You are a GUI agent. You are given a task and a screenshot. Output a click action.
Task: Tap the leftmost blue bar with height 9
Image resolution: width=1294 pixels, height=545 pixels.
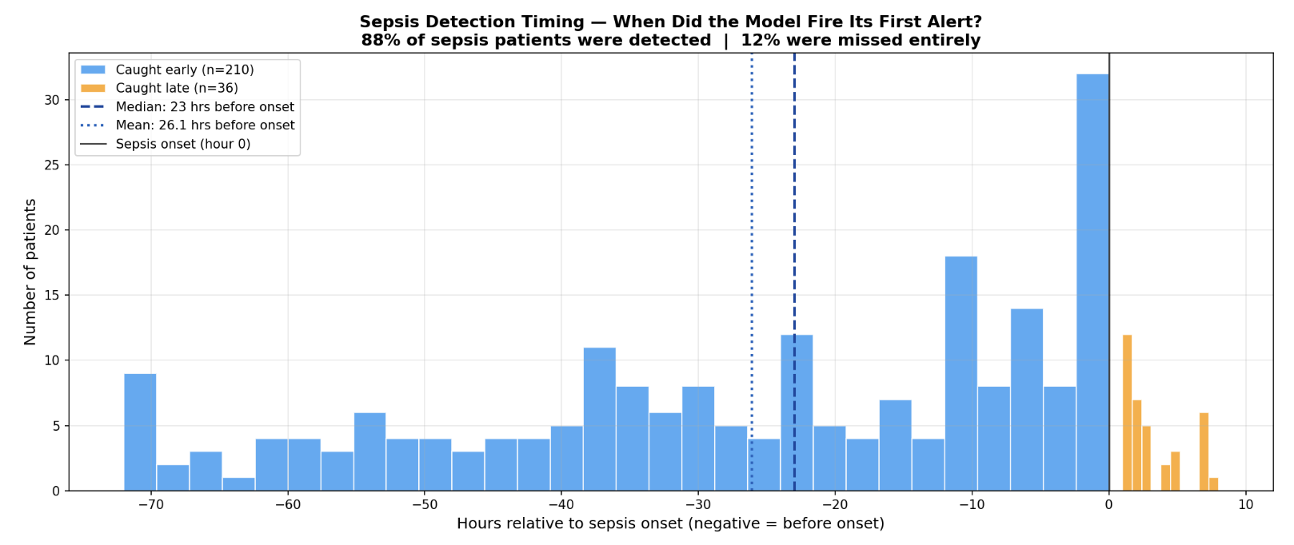coord(140,432)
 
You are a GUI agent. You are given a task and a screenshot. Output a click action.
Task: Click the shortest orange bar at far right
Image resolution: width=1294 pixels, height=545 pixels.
coord(1213,484)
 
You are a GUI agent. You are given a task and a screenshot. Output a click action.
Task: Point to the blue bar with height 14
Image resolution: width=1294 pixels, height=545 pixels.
coord(1026,400)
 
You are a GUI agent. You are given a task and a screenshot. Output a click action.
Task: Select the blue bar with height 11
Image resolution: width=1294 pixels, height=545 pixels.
coord(599,419)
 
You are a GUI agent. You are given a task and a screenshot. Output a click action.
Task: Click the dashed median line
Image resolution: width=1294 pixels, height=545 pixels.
coord(794,240)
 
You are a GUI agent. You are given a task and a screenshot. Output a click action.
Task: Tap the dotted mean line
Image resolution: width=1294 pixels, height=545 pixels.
coord(752,240)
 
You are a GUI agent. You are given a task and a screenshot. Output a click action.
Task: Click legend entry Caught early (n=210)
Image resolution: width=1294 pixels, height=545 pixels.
coord(184,70)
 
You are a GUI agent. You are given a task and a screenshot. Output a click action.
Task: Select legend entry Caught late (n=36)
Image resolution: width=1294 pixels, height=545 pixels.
coord(176,88)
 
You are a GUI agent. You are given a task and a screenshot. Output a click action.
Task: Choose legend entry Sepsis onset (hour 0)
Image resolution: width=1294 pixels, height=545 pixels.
coord(182,144)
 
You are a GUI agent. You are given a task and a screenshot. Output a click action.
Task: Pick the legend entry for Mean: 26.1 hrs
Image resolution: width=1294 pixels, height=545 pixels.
coord(205,125)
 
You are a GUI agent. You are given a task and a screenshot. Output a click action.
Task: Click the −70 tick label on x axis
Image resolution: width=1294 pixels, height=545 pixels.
coord(150,505)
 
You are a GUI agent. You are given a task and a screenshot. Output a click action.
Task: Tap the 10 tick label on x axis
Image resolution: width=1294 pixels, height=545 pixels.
coord(1245,505)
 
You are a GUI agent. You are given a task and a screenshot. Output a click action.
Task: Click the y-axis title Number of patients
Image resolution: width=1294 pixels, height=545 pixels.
coord(30,272)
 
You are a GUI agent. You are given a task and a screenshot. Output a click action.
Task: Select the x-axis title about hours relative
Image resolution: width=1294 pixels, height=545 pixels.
coord(670,524)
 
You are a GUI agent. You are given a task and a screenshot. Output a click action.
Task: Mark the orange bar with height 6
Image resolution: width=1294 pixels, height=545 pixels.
coord(1204,452)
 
